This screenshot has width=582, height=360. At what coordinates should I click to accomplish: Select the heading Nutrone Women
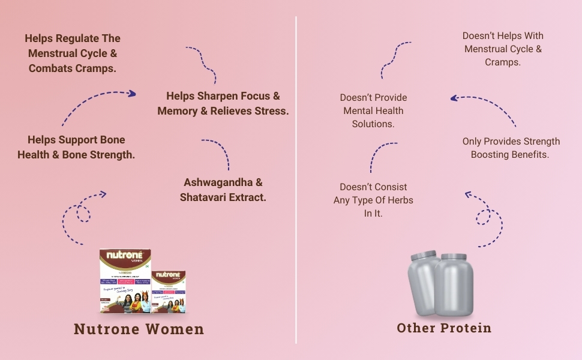pos(139,329)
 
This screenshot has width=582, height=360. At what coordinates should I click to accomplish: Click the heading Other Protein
pos(444,328)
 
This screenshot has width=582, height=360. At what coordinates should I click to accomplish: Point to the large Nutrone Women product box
pos(124,281)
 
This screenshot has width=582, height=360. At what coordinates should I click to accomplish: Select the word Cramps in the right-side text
pos(502,62)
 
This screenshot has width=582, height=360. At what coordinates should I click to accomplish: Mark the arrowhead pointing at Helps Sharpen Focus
pos(131,94)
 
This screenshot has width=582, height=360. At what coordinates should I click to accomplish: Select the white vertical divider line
pos(296,180)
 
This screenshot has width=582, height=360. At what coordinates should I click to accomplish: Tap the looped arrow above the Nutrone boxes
pos(83,214)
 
